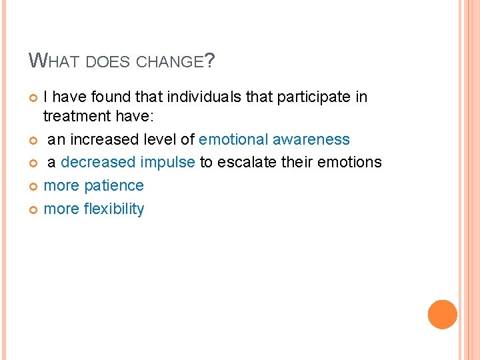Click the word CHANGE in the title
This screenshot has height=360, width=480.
pos(169,63)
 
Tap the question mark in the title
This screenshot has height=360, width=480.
pos(210,61)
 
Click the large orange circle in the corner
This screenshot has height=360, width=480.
pos(442,314)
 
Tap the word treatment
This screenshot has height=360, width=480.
pos(75,117)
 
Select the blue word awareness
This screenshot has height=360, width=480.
pos(311,139)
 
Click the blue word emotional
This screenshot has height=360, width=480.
pos(234,139)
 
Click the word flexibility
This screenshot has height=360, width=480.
pos(113,209)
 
